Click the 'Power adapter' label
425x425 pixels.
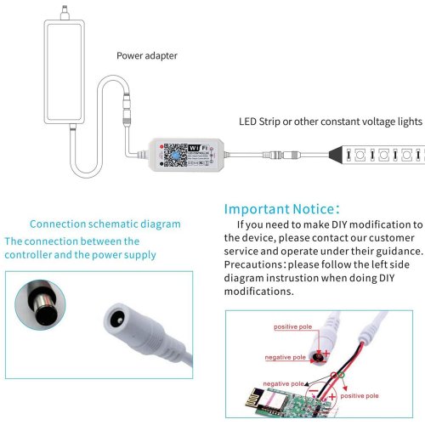point(147,56)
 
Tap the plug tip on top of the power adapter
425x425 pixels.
point(65,13)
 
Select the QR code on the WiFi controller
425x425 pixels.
point(175,155)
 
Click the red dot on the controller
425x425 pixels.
point(161,146)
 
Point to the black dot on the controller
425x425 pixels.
point(161,164)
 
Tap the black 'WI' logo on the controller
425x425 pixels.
point(194,148)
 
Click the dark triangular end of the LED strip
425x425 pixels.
point(336,155)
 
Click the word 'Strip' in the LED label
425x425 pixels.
point(269,122)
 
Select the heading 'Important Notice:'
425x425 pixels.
point(281,209)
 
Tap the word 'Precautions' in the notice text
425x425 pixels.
point(253,264)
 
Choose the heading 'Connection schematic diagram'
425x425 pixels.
point(105,224)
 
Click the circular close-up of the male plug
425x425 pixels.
point(40,305)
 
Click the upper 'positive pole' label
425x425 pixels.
point(292,327)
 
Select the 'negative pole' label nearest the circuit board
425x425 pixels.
point(283,384)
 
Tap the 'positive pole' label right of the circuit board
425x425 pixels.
point(360,396)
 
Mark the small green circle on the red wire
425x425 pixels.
point(342,375)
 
